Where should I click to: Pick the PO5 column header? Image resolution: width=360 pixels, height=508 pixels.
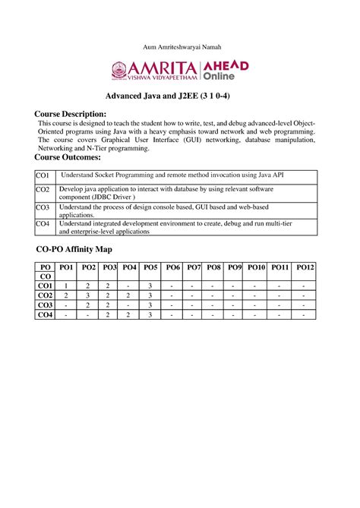coord(150,267)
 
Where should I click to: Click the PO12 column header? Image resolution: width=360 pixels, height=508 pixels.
coord(305,267)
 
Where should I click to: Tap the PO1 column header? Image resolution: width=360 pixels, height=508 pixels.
coord(66,267)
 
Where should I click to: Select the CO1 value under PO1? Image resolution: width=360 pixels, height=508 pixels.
coord(66,286)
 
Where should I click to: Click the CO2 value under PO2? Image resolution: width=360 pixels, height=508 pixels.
coord(88,295)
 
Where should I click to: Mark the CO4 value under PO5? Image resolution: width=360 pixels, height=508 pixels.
coord(150,314)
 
